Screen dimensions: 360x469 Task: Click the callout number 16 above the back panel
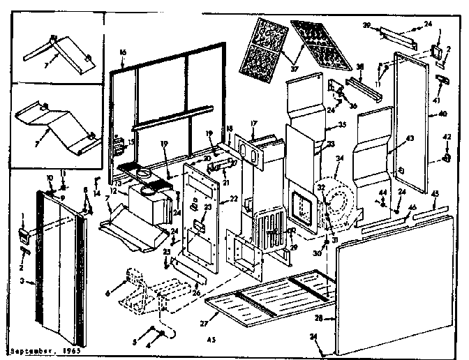122,52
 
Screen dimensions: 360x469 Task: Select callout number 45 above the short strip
435,193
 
